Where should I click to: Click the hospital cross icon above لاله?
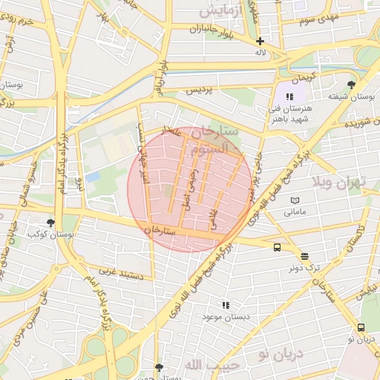[259, 42]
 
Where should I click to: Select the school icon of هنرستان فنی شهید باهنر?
[289, 96]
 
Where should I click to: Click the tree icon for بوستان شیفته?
[351, 84]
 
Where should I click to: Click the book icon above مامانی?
[295, 200]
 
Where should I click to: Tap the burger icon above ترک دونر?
[305, 255]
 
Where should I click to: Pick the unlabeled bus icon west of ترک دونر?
[277, 248]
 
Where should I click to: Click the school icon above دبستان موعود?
[226, 304]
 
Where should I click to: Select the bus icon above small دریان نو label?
[361, 327]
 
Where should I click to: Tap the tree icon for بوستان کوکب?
[50, 222]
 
